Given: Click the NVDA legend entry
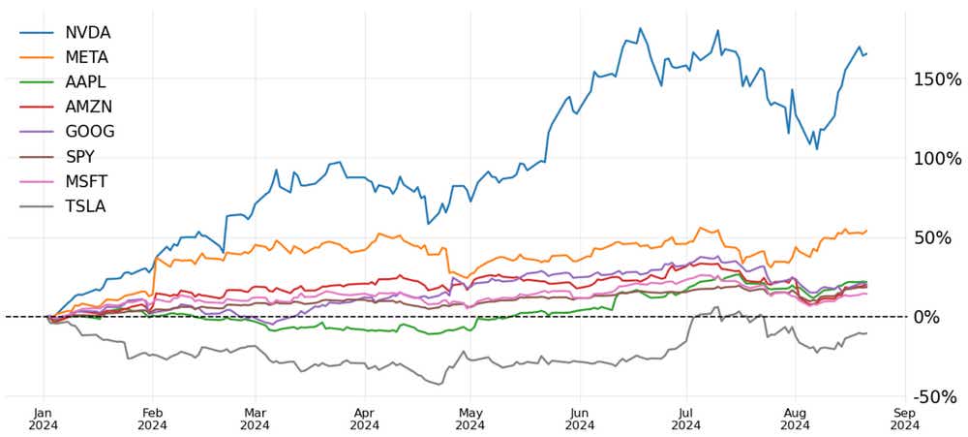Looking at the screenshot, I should pos(87,33).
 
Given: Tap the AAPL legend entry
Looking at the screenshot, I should pos(86,82).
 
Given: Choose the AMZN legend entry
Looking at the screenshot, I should pos(88,107).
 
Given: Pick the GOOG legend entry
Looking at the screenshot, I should pos(89,132).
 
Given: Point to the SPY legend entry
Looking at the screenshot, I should pos(79,156).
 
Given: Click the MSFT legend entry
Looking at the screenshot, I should pos(86,181).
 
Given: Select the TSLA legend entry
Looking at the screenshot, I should pos(85,205).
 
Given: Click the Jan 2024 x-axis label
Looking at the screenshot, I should pos(43,417).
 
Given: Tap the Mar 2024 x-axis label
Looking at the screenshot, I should pos(255,417).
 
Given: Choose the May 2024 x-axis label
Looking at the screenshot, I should pos(469,417).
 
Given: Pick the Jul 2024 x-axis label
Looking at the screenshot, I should pos(685,417).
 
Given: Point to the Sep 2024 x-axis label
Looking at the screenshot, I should pos(904,417).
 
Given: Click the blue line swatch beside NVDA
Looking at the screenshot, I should pos(37,33).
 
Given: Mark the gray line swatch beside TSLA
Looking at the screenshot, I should pos(37,205).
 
